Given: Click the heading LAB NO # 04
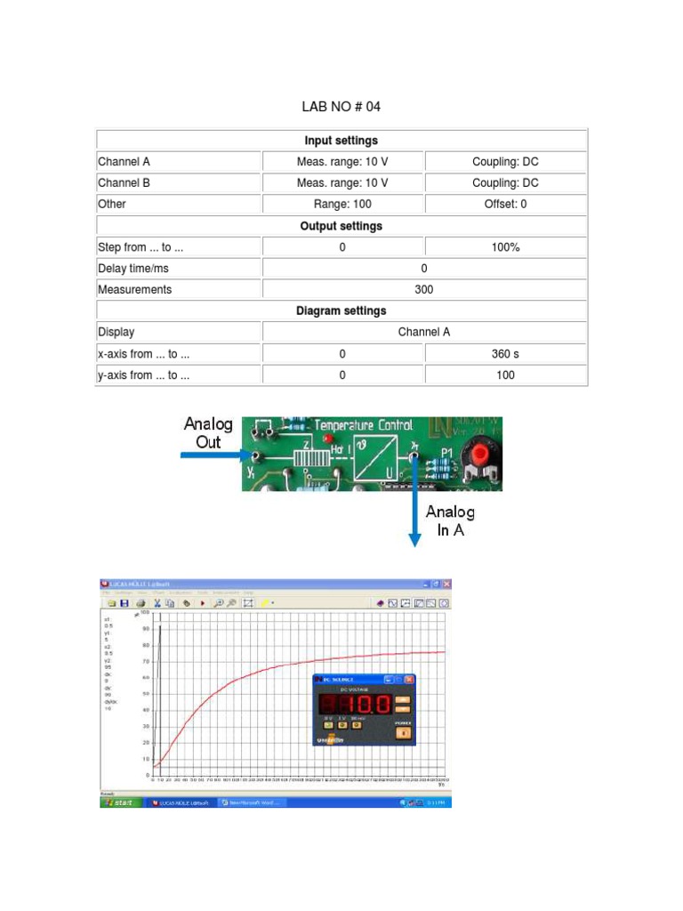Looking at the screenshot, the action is tap(341, 107).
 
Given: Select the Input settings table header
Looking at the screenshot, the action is tap(341, 141).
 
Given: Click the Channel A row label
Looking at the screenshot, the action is tap(125, 162).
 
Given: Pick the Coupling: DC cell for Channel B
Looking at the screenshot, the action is tap(505, 183).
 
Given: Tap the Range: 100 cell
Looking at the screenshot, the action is tap(342, 205).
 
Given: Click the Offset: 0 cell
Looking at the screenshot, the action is tap(505, 205).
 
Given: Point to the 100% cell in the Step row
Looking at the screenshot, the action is tap(505, 247).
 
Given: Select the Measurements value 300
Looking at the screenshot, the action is tap(424, 290).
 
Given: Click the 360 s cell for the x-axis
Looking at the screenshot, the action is tap(505, 354).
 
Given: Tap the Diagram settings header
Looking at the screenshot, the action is tap(341, 311).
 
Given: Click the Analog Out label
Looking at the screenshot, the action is tap(208, 432).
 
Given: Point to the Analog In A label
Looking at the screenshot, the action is tap(450, 520).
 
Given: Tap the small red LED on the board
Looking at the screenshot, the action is tap(328, 439).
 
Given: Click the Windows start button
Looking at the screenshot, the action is tap(117, 802).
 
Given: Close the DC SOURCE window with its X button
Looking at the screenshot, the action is tap(409, 680).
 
